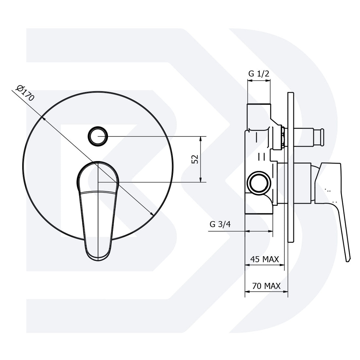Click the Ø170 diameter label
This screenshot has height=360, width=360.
25,95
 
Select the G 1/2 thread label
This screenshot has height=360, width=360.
259,73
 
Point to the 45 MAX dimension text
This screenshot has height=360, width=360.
264,259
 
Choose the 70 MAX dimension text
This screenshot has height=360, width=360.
266,286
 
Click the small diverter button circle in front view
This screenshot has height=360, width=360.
98,136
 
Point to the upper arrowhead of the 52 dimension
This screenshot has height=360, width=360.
201,138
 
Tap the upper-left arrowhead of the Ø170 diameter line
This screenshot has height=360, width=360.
43,118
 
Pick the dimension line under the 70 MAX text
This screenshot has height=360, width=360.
266,291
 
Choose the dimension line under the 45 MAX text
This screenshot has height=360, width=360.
264,265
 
